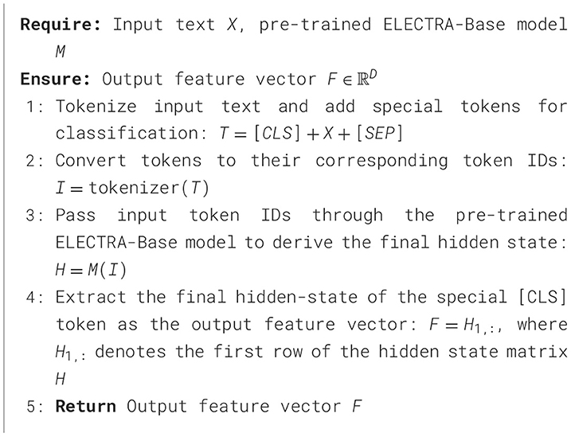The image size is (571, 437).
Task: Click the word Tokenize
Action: (90, 106)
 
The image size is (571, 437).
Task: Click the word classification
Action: (111, 133)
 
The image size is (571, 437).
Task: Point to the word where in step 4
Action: (544, 325)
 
